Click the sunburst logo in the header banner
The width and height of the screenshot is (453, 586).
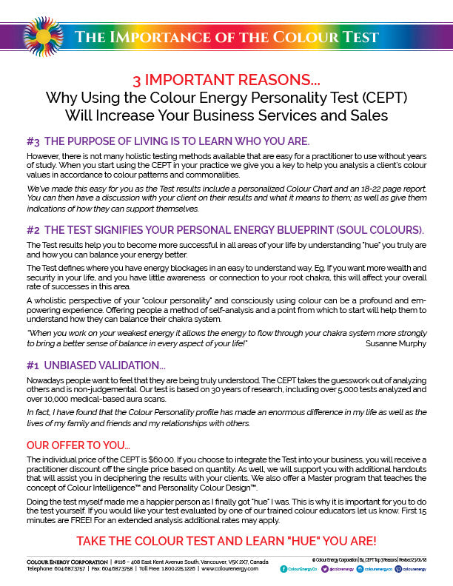(43, 37)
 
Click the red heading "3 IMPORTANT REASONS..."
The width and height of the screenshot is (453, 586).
(226, 81)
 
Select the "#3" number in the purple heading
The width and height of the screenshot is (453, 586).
(33, 141)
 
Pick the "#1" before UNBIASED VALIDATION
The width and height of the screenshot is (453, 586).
(33, 365)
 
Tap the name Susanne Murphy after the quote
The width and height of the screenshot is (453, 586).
(396, 343)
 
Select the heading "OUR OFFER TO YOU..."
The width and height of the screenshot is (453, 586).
(78, 446)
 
